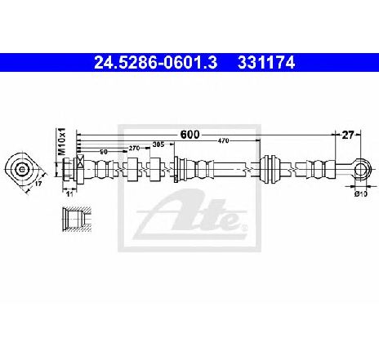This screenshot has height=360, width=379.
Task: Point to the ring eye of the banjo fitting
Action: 354,169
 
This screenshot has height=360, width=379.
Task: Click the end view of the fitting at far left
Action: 23,170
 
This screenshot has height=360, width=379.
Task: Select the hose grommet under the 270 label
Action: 130,170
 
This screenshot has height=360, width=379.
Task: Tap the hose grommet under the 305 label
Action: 151,170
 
